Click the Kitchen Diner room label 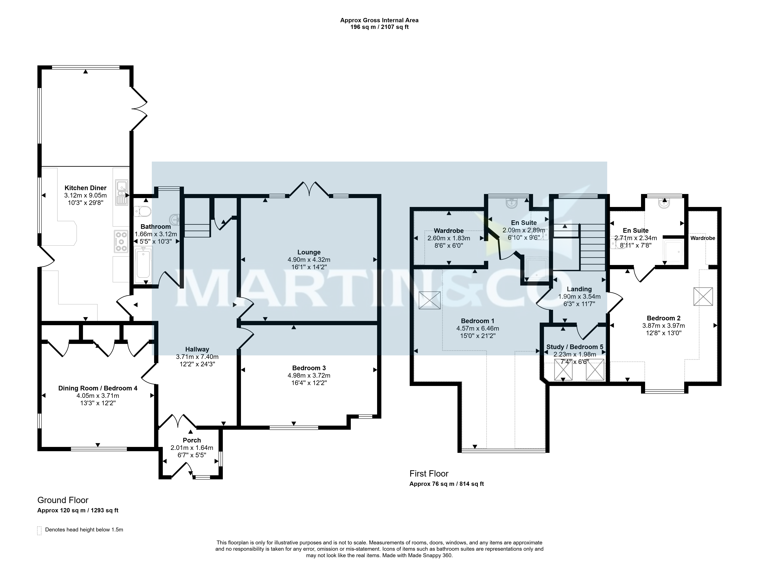[x=85, y=188]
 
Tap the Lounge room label [x=309, y=252]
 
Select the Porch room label [x=192, y=440]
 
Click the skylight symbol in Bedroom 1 [x=429, y=300]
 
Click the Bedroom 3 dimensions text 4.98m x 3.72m [x=309, y=375]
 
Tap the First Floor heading [x=429, y=474]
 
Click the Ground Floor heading [x=63, y=500]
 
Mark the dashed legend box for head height [x=39, y=531]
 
